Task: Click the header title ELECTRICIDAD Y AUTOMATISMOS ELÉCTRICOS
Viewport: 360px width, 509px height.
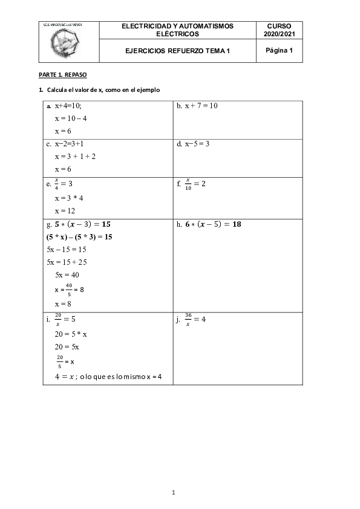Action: click(177, 30)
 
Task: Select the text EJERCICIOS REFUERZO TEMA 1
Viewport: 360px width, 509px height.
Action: click(177, 51)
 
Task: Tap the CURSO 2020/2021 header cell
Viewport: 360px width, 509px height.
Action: click(278, 30)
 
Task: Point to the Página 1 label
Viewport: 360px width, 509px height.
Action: click(278, 51)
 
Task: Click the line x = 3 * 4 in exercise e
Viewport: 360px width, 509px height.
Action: click(69, 198)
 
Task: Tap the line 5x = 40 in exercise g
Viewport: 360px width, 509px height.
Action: click(67, 275)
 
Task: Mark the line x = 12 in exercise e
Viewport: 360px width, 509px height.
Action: click(65, 211)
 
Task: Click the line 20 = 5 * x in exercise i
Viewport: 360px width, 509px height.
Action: click(71, 334)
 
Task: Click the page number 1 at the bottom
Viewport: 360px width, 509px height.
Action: click(173, 493)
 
